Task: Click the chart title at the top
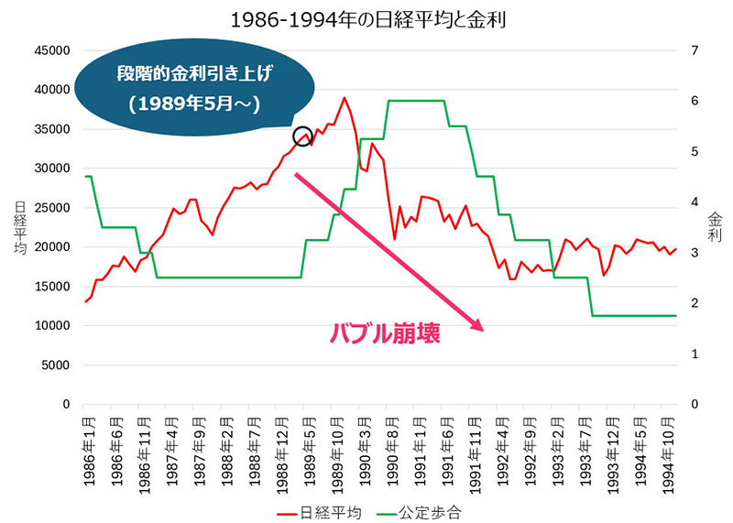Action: (x=366, y=17)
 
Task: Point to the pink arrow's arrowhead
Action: (x=475, y=324)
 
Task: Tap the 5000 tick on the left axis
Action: (x=56, y=365)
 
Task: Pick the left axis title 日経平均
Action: (x=19, y=226)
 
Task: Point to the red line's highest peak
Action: (x=345, y=98)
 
